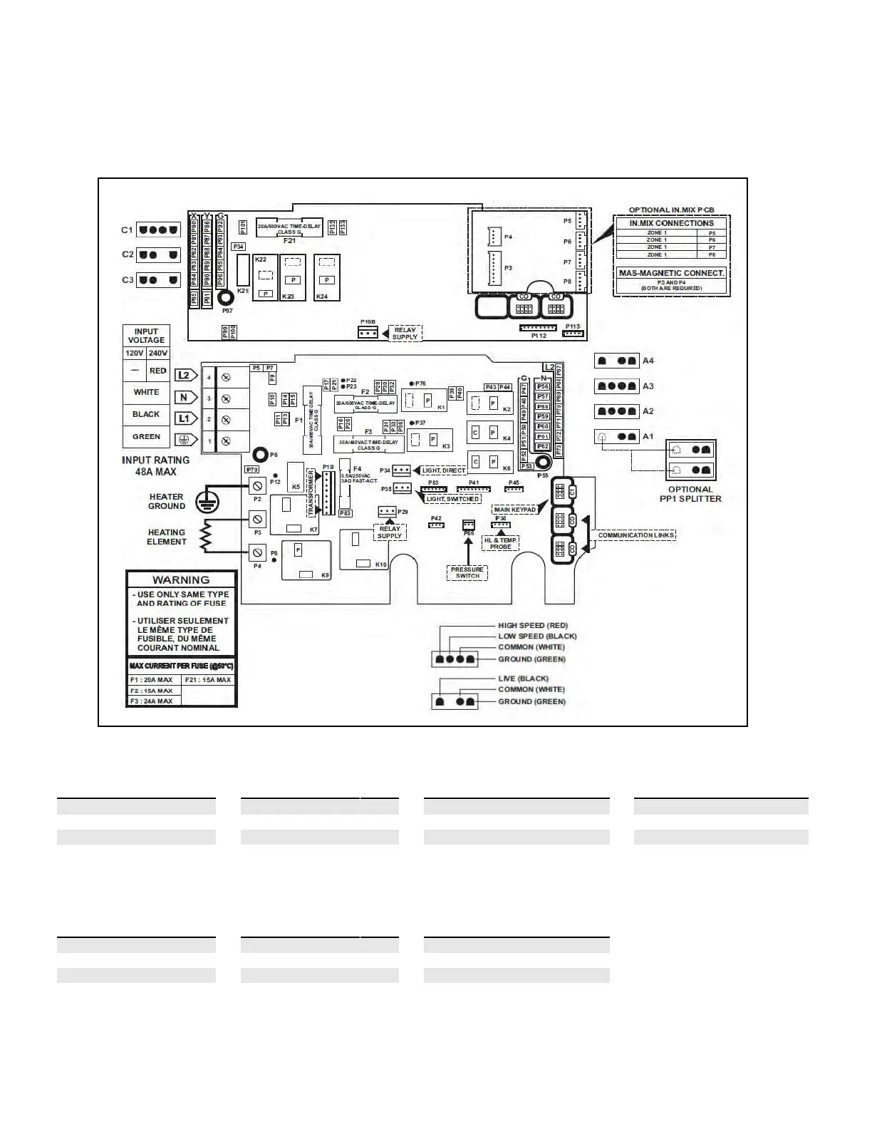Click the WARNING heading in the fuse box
[181, 580]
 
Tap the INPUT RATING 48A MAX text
[155, 466]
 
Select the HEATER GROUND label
[166, 501]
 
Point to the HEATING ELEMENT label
[166, 537]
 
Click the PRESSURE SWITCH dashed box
[467, 572]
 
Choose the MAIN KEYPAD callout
[514, 510]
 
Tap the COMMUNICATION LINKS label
[636, 535]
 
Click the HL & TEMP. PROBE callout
[500, 543]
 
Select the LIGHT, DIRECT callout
[444, 470]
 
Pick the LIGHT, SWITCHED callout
[452, 499]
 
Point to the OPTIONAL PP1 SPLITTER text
[690, 494]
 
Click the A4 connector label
[648, 361]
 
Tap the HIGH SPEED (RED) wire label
[533, 626]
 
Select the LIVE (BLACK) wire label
[523, 679]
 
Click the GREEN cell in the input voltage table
[146, 437]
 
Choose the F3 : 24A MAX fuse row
[152, 701]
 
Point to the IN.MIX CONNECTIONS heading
[671, 223]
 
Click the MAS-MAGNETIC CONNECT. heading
[671, 273]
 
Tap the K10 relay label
[381, 564]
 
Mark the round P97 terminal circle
[227, 298]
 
